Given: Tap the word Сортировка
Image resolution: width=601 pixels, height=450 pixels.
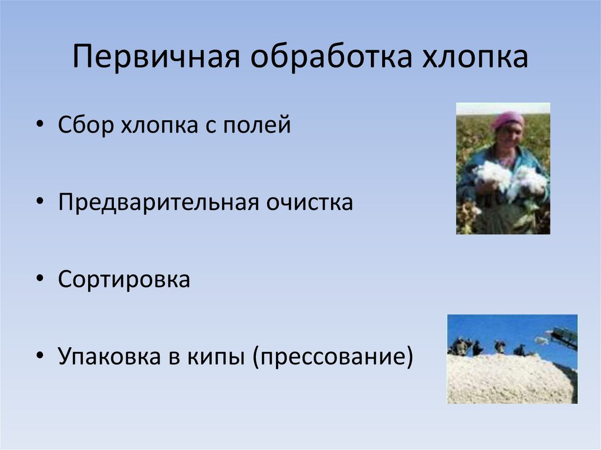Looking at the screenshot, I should click(124, 279).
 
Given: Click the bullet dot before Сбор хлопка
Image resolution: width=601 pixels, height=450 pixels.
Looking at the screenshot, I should click(39, 127).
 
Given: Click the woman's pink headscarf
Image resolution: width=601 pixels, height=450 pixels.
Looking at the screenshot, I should click(507, 119).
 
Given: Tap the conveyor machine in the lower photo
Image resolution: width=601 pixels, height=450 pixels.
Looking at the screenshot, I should click(563, 337).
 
